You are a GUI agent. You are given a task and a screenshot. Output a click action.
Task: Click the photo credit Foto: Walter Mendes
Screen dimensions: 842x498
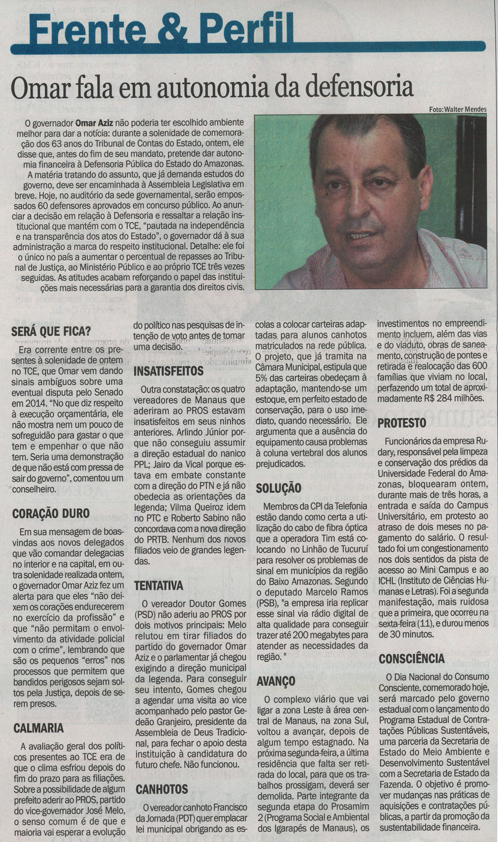pos(458,109)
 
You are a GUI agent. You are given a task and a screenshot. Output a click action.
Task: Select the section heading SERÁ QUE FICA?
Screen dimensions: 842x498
pos(51,332)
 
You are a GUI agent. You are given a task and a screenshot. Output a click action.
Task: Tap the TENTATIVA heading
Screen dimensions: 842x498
pos(159,586)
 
